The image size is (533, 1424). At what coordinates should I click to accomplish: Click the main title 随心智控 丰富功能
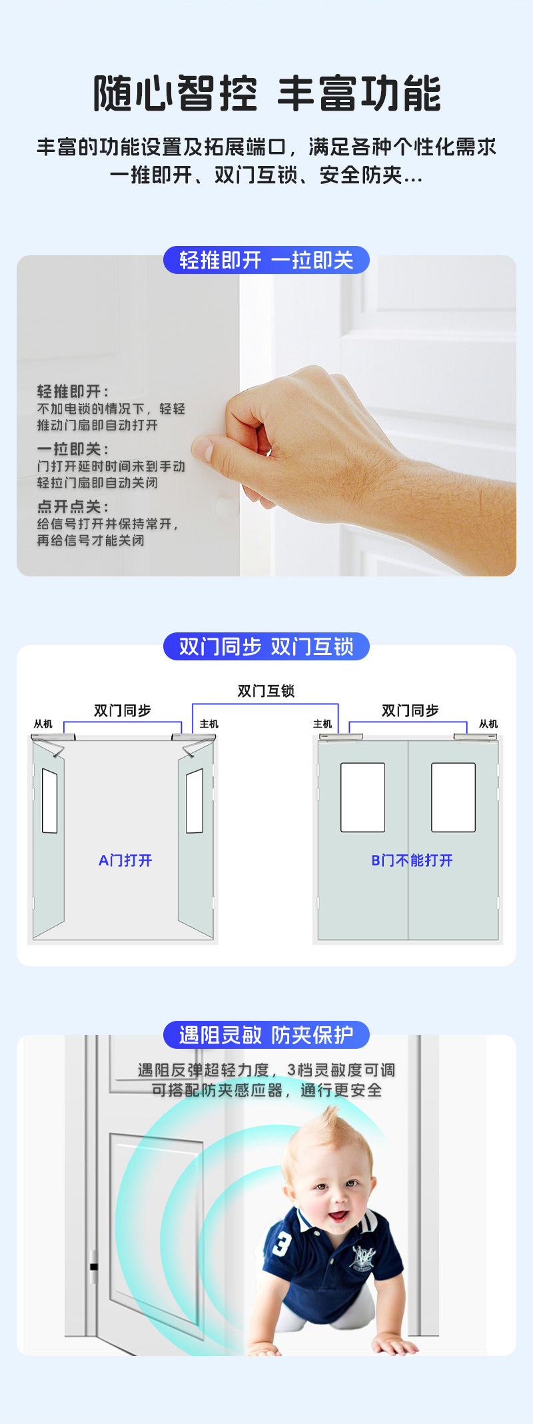(x=266, y=93)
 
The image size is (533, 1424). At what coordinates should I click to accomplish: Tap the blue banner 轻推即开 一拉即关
(x=266, y=260)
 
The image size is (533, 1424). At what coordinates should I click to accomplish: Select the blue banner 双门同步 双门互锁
(x=266, y=646)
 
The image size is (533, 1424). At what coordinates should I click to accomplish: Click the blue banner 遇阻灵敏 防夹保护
(x=266, y=1035)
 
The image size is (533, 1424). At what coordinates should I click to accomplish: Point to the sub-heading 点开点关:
(x=73, y=506)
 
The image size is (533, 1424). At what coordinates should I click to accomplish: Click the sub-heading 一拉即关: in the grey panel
(x=73, y=449)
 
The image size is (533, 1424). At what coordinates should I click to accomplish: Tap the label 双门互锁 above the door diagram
(x=266, y=691)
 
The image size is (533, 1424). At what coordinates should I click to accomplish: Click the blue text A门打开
(x=125, y=860)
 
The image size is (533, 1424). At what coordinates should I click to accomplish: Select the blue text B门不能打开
(x=412, y=860)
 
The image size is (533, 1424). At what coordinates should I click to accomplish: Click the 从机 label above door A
(x=43, y=724)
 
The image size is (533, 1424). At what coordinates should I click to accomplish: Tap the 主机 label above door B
(x=322, y=724)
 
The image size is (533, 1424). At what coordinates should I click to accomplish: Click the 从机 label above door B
(x=488, y=724)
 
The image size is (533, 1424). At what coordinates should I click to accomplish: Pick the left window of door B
(x=362, y=798)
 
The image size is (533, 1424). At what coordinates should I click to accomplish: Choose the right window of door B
(x=453, y=798)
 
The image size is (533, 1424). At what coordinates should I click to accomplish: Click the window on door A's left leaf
(x=50, y=801)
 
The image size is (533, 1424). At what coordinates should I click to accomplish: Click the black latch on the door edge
(x=94, y=1267)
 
